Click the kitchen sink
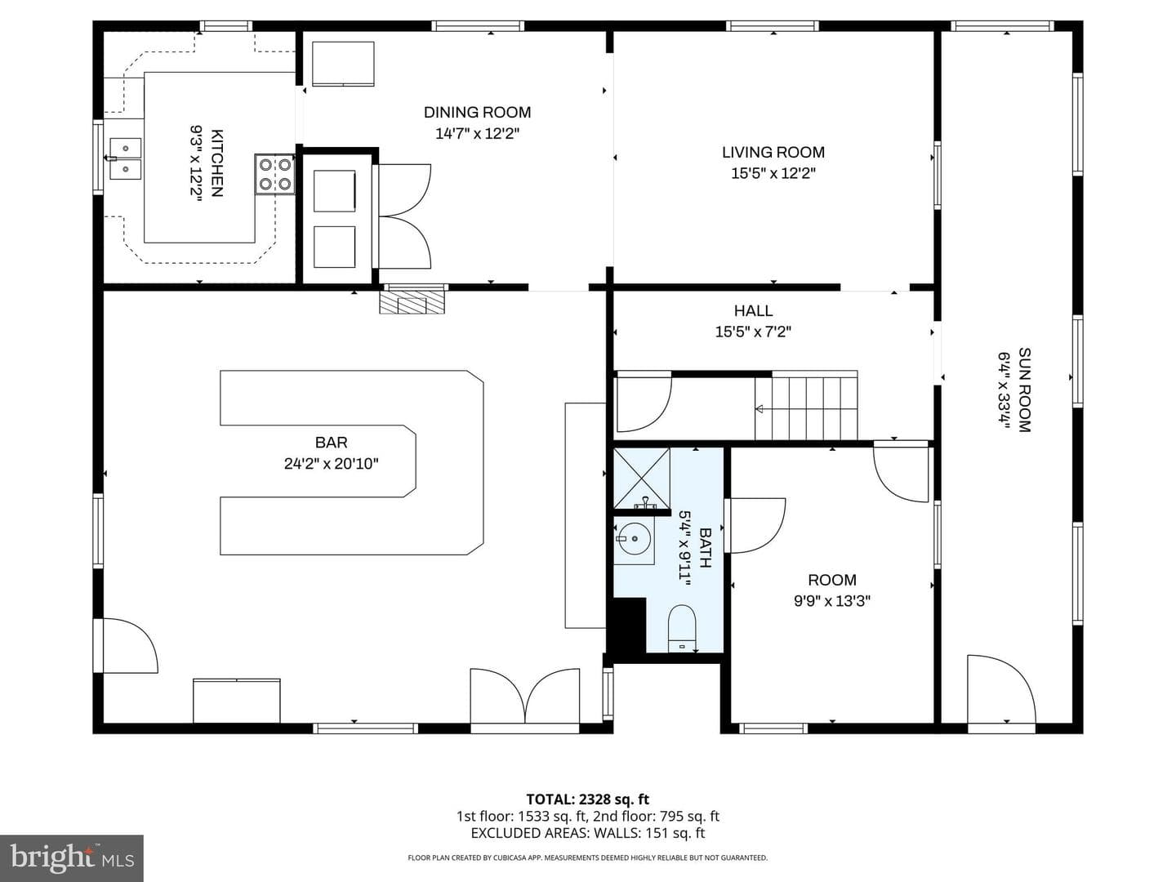pyautogui.click(x=126, y=158)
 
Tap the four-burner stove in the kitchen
pyautogui.click(x=275, y=175)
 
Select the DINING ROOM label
pyautogui.click(x=478, y=113)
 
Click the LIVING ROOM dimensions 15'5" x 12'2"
pyautogui.click(x=773, y=173)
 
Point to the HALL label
pyautogui.click(x=753, y=310)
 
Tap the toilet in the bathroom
pyautogui.click(x=682, y=629)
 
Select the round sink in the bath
pyautogui.click(x=635, y=539)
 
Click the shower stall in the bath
pyautogui.click(x=641, y=479)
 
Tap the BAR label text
pyautogui.click(x=331, y=443)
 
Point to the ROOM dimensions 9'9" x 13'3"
pyautogui.click(x=832, y=601)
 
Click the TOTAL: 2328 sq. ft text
pyautogui.click(x=588, y=800)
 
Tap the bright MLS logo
pyautogui.click(x=72, y=859)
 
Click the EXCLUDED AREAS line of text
pyautogui.click(x=588, y=833)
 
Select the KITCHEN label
pyautogui.click(x=216, y=163)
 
